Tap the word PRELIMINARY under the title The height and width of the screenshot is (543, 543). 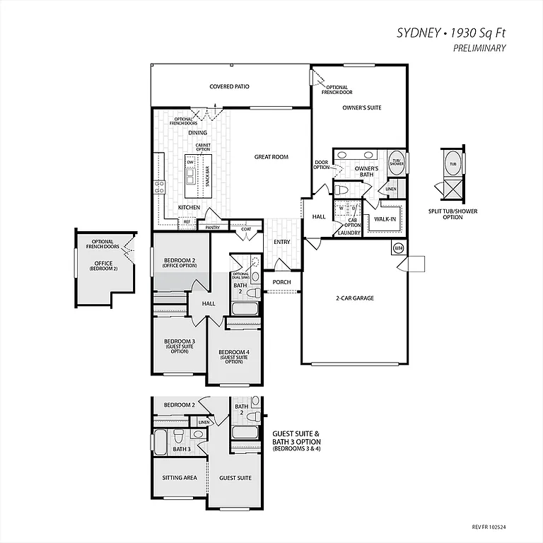[x=479, y=48]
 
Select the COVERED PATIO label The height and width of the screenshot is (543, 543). [x=229, y=87]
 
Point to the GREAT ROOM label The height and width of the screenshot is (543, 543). [x=271, y=157]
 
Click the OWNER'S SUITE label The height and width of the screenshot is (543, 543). [x=362, y=107]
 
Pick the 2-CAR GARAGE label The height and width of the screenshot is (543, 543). [x=354, y=298]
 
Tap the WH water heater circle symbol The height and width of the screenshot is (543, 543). [x=397, y=248]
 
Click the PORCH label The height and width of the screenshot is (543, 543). [x=281, y=282]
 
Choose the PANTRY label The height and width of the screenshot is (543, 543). [x=212, y=228]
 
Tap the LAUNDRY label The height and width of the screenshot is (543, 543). [x=349, y=233]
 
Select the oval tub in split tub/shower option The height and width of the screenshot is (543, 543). [x=451, y=164]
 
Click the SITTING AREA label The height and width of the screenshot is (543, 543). [x=180, y=478]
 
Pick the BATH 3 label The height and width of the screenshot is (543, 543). [x=182, y=449]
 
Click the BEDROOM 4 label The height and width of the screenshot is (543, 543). [x=233, y=352]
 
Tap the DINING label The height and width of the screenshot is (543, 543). [x=197, y=132]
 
